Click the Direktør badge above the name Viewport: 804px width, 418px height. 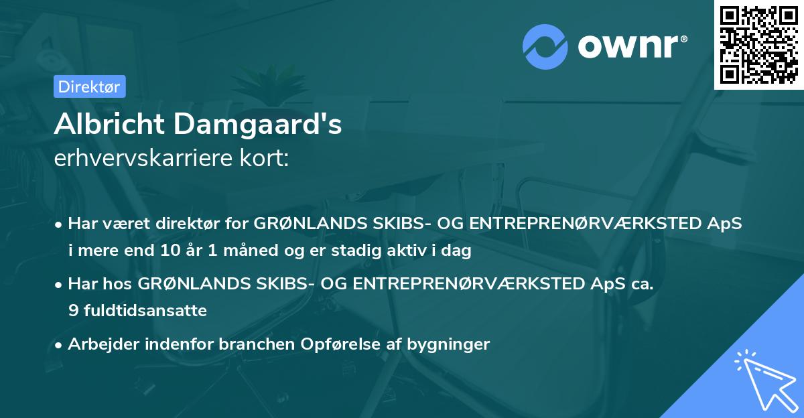(x=89, y=86)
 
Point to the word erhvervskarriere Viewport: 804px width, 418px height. (x=142, y=158)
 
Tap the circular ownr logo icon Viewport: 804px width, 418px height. (x=545, y=47)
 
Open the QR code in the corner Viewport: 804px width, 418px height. (x=758, y=44)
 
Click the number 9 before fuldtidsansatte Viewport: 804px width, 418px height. (x=72, y=311)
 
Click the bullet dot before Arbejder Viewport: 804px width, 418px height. (x=59, y=345)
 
